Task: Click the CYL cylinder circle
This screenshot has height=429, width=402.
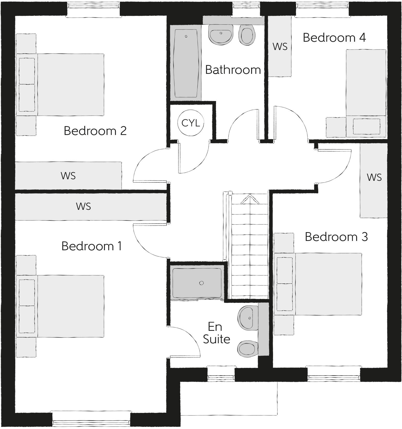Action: coord(191,123)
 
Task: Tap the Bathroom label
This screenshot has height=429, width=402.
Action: coord(233,70)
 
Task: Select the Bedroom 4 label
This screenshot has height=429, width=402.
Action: coord(334,38)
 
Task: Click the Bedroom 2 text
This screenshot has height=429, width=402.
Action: coord(95,131)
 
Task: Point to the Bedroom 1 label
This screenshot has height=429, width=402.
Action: coord(91,246)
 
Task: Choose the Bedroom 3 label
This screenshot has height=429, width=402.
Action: coord(336,237)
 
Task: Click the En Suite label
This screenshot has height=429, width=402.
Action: coord(216,333)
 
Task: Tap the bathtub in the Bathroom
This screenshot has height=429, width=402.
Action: coord(186,63)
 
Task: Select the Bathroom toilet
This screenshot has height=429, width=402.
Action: coord(247,35)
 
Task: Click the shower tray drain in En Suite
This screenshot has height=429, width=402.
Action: coord(202,283)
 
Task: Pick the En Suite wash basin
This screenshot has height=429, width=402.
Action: coord(248,318)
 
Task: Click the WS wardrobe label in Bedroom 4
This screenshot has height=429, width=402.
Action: coord(280,47)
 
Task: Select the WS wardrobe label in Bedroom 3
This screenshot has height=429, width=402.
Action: coord(374,177)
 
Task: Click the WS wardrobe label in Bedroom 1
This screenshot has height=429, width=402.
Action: coord(83,206)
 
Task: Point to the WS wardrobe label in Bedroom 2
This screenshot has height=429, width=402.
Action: coord(68,176)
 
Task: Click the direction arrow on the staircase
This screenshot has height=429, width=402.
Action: coord(250,199)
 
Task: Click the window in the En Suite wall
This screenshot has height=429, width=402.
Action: coord(221,374)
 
